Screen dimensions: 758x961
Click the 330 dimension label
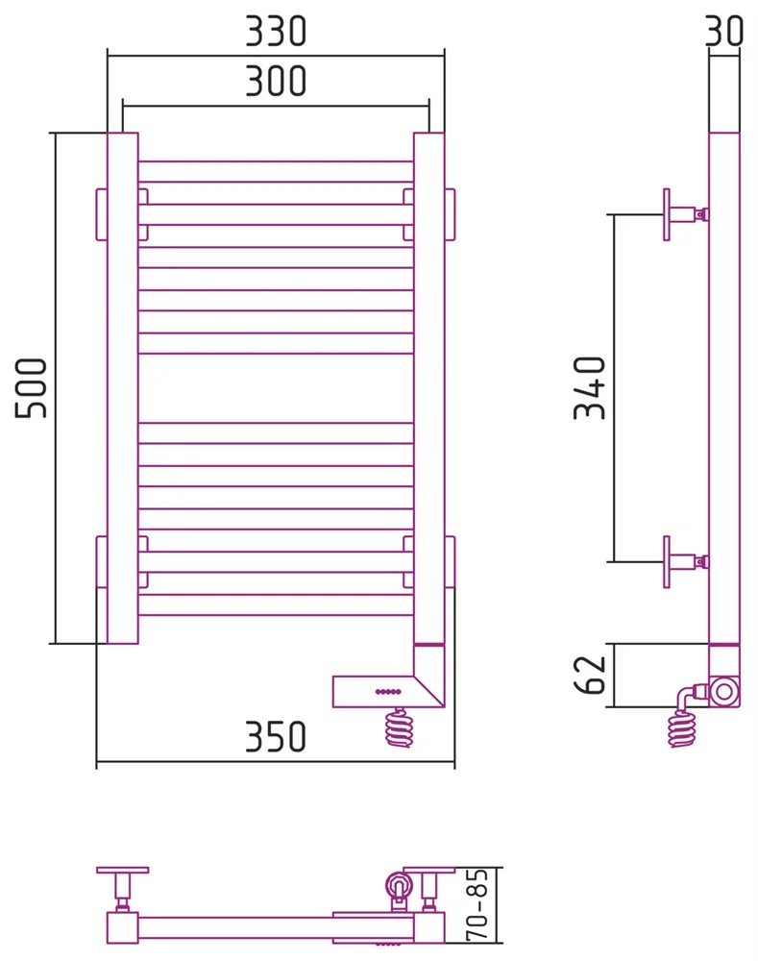pos(276,32)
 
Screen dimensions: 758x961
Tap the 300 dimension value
pos(276,81)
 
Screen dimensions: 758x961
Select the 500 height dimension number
pos(32,388)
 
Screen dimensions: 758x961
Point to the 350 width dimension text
pos(276,736)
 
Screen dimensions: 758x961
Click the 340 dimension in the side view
pos(590,388)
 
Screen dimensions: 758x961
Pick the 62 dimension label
pos(590,675)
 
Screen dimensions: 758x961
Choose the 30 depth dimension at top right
pos(723,32)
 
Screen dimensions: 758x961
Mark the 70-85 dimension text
pos(477,904)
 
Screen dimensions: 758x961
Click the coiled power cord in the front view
pos(399,727)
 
